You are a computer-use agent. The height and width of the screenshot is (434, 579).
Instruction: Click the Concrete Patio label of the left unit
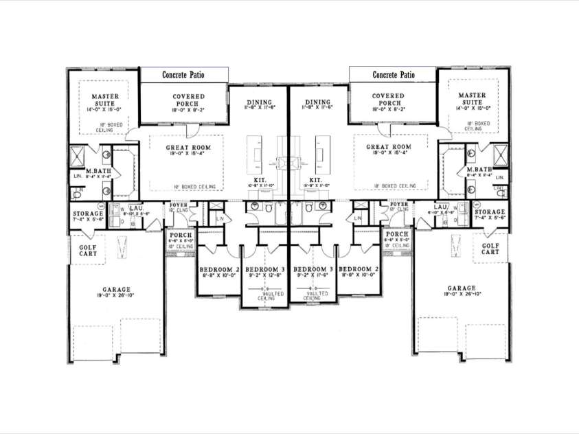183,74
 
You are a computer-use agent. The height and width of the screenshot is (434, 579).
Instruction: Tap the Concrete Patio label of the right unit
394,74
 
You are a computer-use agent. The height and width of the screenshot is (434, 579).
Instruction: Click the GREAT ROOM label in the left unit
188,147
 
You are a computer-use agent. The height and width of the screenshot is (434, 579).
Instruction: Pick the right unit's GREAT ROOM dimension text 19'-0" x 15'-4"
388,155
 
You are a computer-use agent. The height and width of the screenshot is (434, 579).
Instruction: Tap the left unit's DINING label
258,102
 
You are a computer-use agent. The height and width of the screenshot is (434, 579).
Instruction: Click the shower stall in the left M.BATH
79,154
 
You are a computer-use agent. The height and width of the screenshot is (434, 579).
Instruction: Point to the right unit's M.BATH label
478,170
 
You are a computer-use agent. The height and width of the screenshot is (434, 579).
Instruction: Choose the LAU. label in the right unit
440,207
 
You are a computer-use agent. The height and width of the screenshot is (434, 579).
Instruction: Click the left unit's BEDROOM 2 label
217,269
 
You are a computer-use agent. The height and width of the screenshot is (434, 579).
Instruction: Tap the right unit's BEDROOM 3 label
313,269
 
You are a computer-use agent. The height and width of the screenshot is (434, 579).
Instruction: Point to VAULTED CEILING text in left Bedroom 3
266,296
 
